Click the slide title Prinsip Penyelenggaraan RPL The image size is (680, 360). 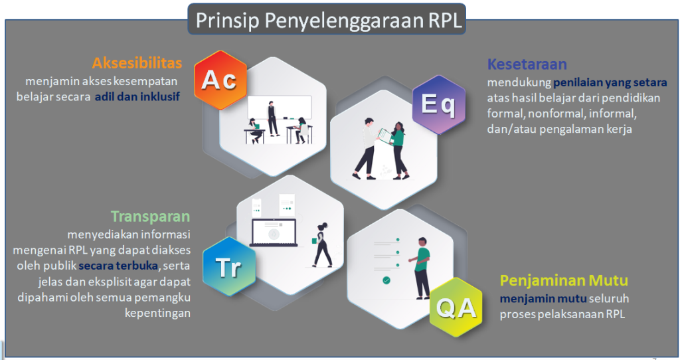(x=329, y=20)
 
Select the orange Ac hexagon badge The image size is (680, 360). (x=220, y=80)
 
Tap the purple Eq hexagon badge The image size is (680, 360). (x=438, y=104)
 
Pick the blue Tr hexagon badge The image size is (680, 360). (x=229, y=266)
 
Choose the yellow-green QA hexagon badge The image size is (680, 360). (x=456, y=308)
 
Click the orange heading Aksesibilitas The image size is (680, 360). (x=137, y=63)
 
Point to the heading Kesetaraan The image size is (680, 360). (x=527, y=64)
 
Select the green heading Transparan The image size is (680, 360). (x=151, y=217)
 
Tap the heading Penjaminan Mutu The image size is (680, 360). (x=564, y=280)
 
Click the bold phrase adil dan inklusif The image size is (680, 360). (x=137, y=96)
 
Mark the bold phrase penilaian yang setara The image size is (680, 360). (x=610, y=82)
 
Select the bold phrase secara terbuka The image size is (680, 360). (x=118, y=266)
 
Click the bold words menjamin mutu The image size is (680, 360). (x=543, y=299)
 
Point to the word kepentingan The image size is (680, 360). (x=157, y=313)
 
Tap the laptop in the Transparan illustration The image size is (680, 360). (x=274, y=233)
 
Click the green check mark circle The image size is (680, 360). (x=386, y=280)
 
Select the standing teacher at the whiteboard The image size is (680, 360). (x=272, y=119)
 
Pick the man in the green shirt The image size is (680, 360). (x=420, y=268)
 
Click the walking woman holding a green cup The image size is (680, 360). (x=322, y=245)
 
